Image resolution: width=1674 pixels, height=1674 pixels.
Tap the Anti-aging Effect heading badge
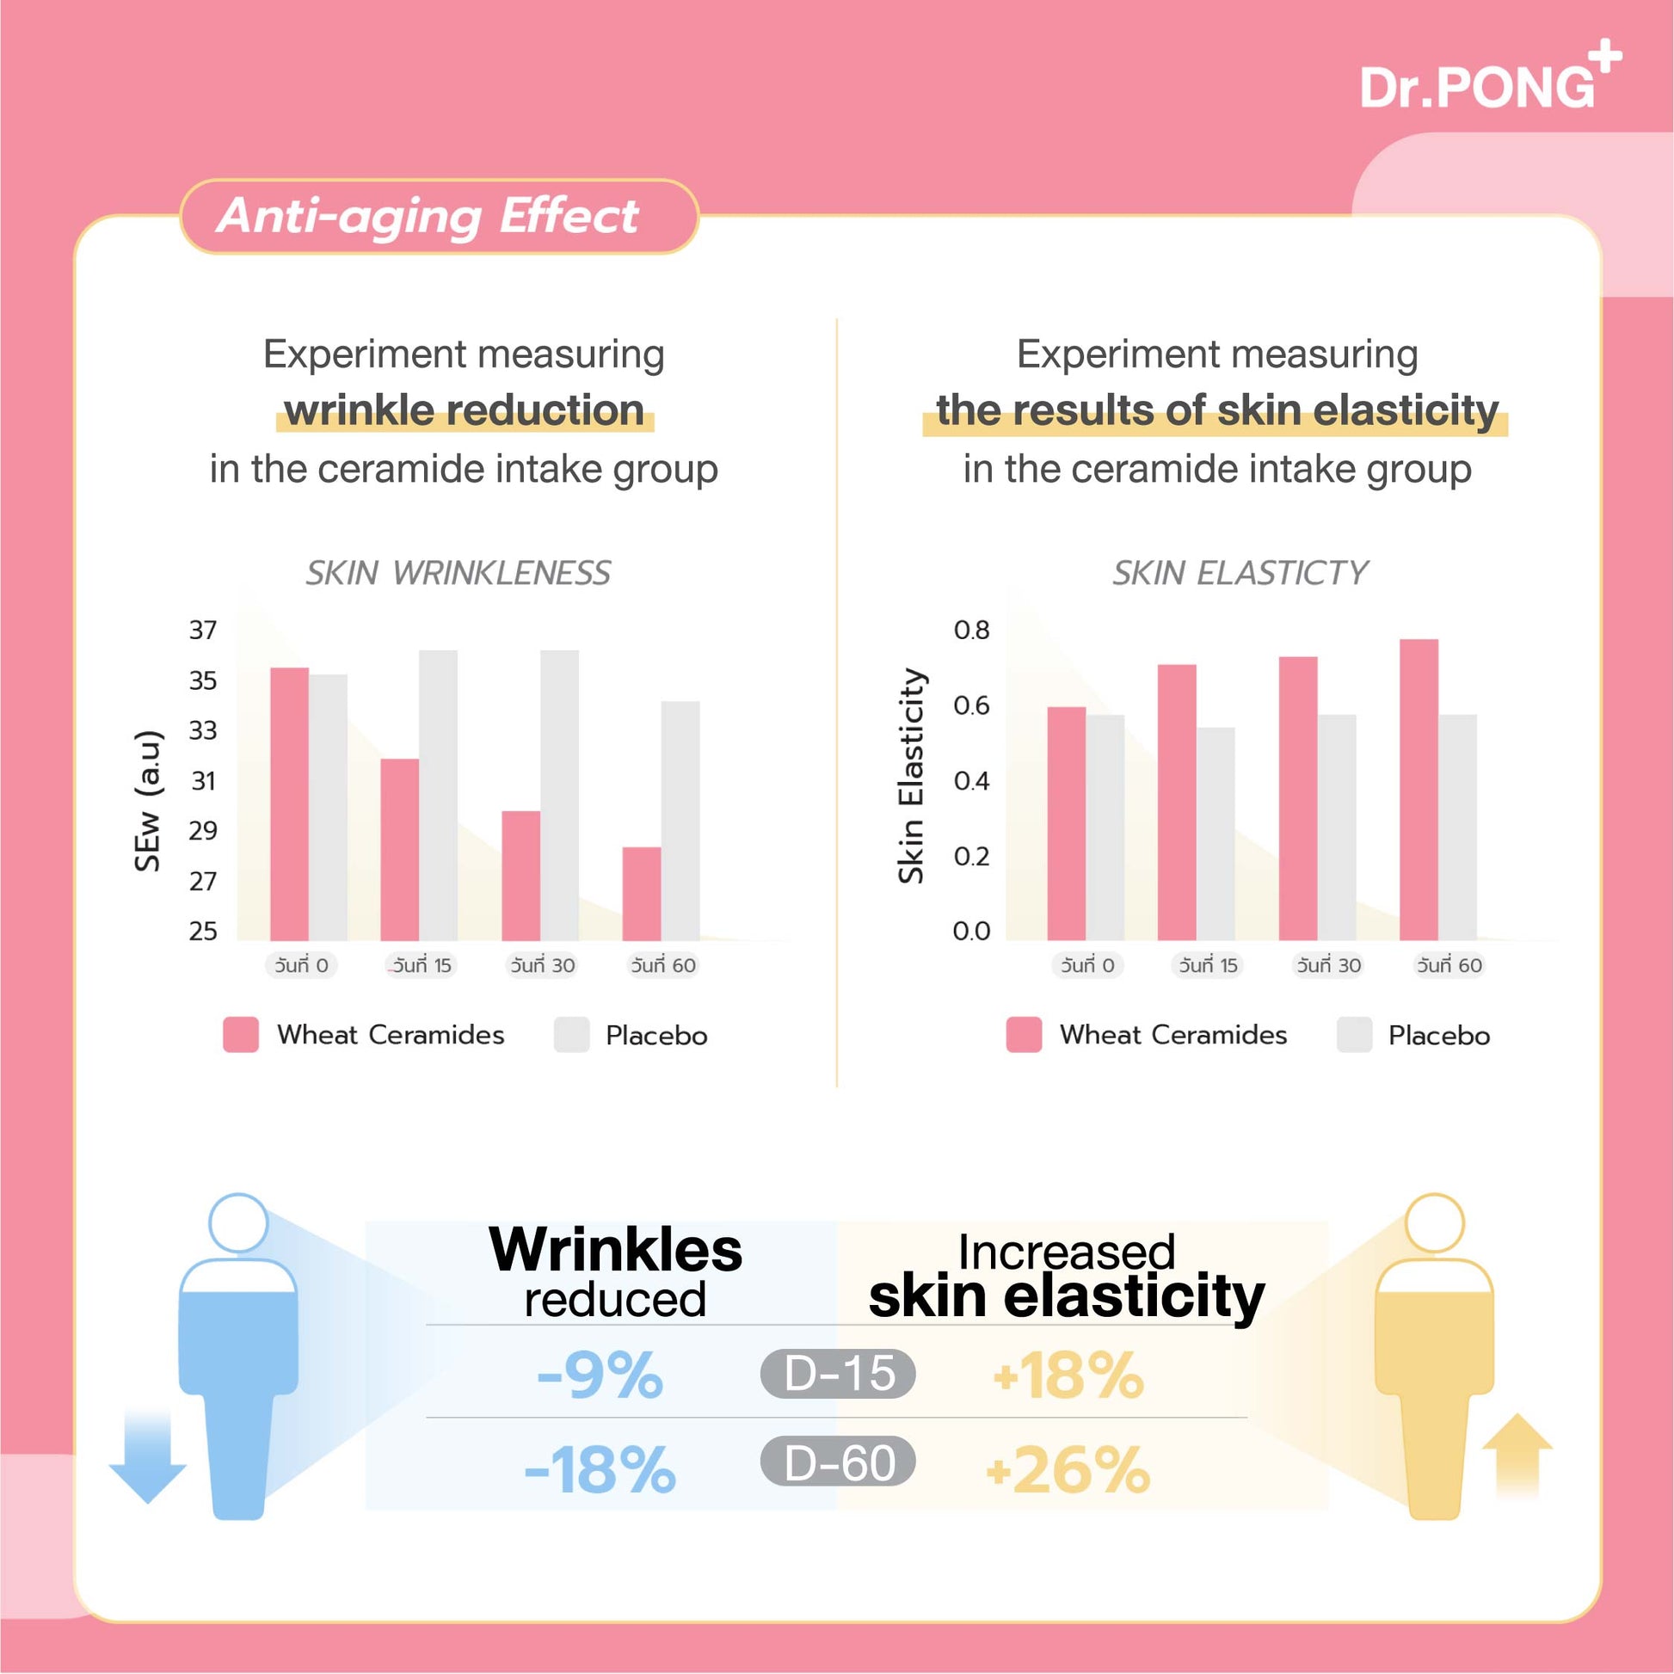439,217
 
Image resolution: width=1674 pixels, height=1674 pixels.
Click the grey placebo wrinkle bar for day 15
439,795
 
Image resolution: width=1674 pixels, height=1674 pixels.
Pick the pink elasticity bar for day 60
1419,790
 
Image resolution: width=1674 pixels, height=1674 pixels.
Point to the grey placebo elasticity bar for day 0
1105,828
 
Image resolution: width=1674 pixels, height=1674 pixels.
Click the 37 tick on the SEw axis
203,630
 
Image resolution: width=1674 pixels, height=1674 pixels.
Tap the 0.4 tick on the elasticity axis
970,781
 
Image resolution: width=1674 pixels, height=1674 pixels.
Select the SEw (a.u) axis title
148,801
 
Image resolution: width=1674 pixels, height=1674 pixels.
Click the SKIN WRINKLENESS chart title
458,573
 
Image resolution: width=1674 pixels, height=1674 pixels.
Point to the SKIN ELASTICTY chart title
1240,573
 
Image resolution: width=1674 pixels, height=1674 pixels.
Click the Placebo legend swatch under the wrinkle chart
572,1035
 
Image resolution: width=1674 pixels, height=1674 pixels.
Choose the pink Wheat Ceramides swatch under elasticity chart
1024,1035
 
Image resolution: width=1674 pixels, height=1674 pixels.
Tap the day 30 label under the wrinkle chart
543,965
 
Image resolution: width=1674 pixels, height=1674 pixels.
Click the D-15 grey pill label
838,1373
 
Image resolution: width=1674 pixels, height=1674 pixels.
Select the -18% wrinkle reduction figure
600,1469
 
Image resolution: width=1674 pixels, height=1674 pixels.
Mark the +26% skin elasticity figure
1068,1469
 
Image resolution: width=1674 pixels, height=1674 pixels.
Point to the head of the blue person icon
238,1222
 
